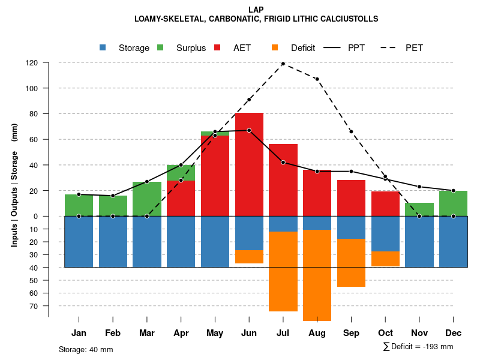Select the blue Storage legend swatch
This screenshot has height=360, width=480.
103,47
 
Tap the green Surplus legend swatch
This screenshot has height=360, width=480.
160,47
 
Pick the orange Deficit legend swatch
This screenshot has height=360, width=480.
275,47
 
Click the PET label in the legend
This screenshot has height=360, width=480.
414,48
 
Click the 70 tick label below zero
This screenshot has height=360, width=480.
34,306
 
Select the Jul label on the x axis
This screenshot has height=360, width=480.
283,333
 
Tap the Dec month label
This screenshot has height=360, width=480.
453,333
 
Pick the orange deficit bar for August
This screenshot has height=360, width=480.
317,275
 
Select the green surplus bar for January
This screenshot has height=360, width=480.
79,205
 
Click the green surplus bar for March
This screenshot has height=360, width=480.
147,199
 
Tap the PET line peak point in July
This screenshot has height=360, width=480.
283,64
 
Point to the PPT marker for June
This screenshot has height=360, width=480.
249,130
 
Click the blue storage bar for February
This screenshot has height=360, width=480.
113,241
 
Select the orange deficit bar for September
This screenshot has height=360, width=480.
351,263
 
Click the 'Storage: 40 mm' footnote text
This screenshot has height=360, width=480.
86,349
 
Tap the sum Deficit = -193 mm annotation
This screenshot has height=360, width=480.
418,347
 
